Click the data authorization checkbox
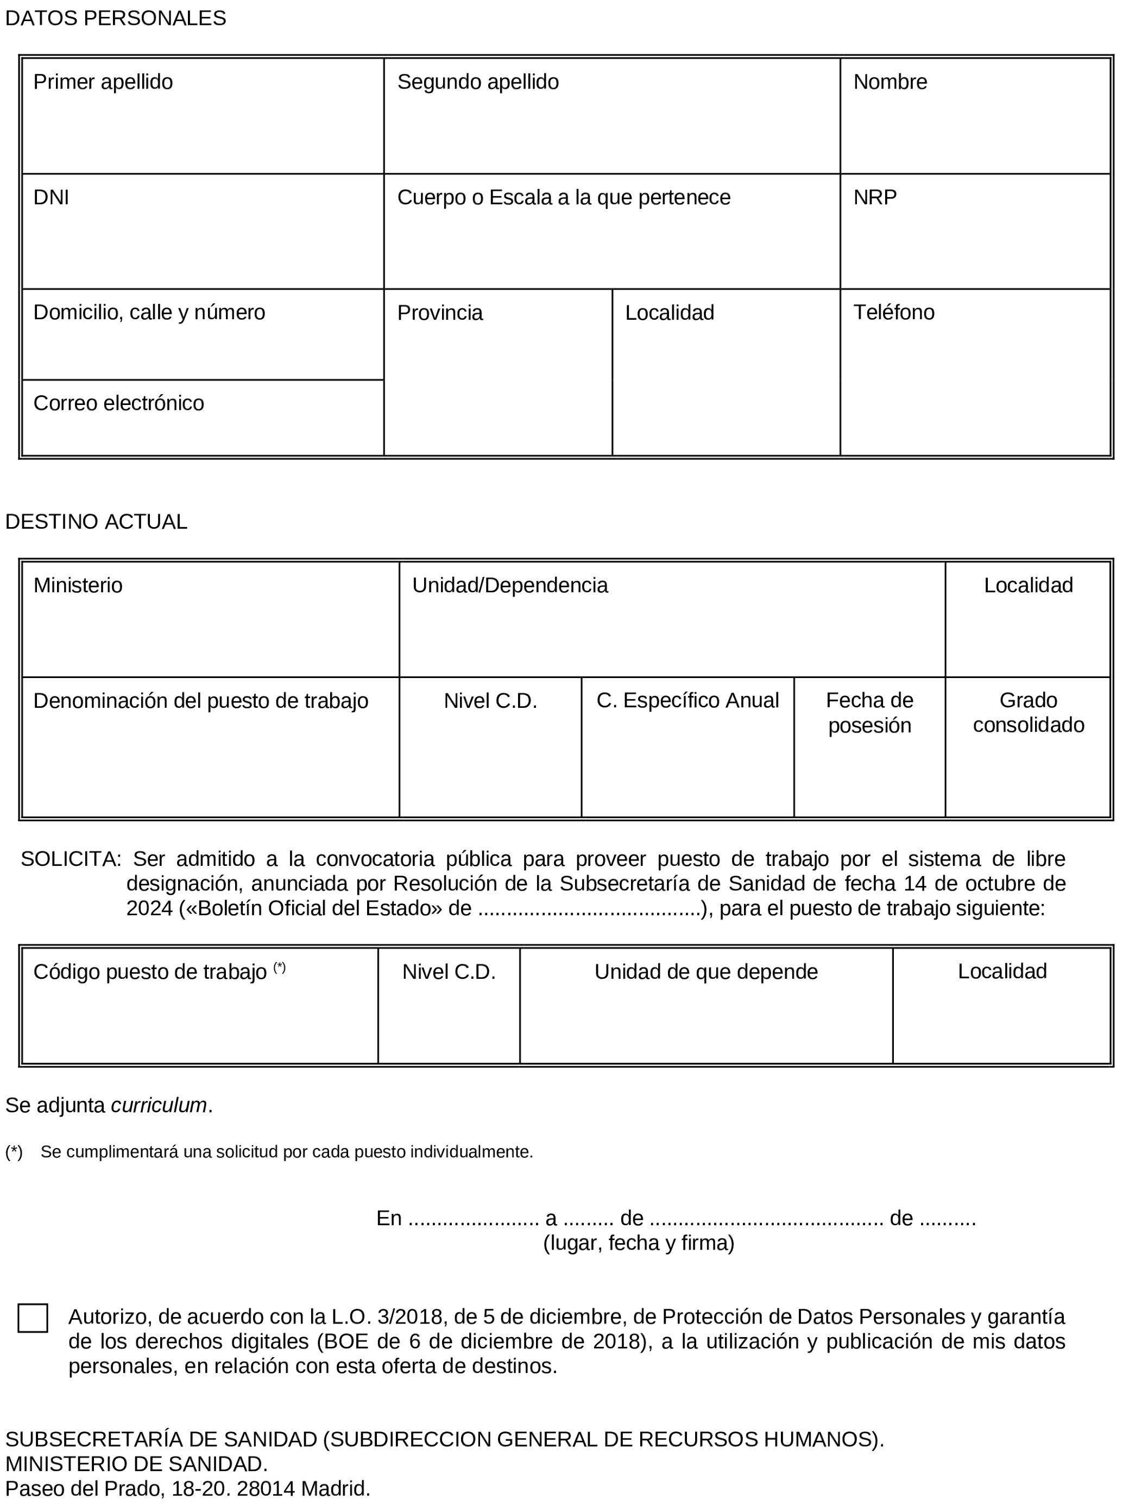click(33, 1318)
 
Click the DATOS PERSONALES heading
click(116, 18)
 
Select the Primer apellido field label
click(103, 82)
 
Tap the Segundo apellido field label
click(478, 82)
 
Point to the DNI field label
click(51, 198)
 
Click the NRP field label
click(875, 198)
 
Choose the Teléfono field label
click(893, 313)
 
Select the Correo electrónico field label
click(118, 403)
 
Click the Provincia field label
click(439, 313)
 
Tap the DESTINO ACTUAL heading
click(96, 522)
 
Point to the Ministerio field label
click(78, 586)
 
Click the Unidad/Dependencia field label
click(509, 586)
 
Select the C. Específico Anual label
click(688, 701)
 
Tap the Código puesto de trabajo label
click(150, 972)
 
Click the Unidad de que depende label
click(706, 972)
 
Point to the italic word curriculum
click(159, 1106)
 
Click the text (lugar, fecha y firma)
click(639, 1243)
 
